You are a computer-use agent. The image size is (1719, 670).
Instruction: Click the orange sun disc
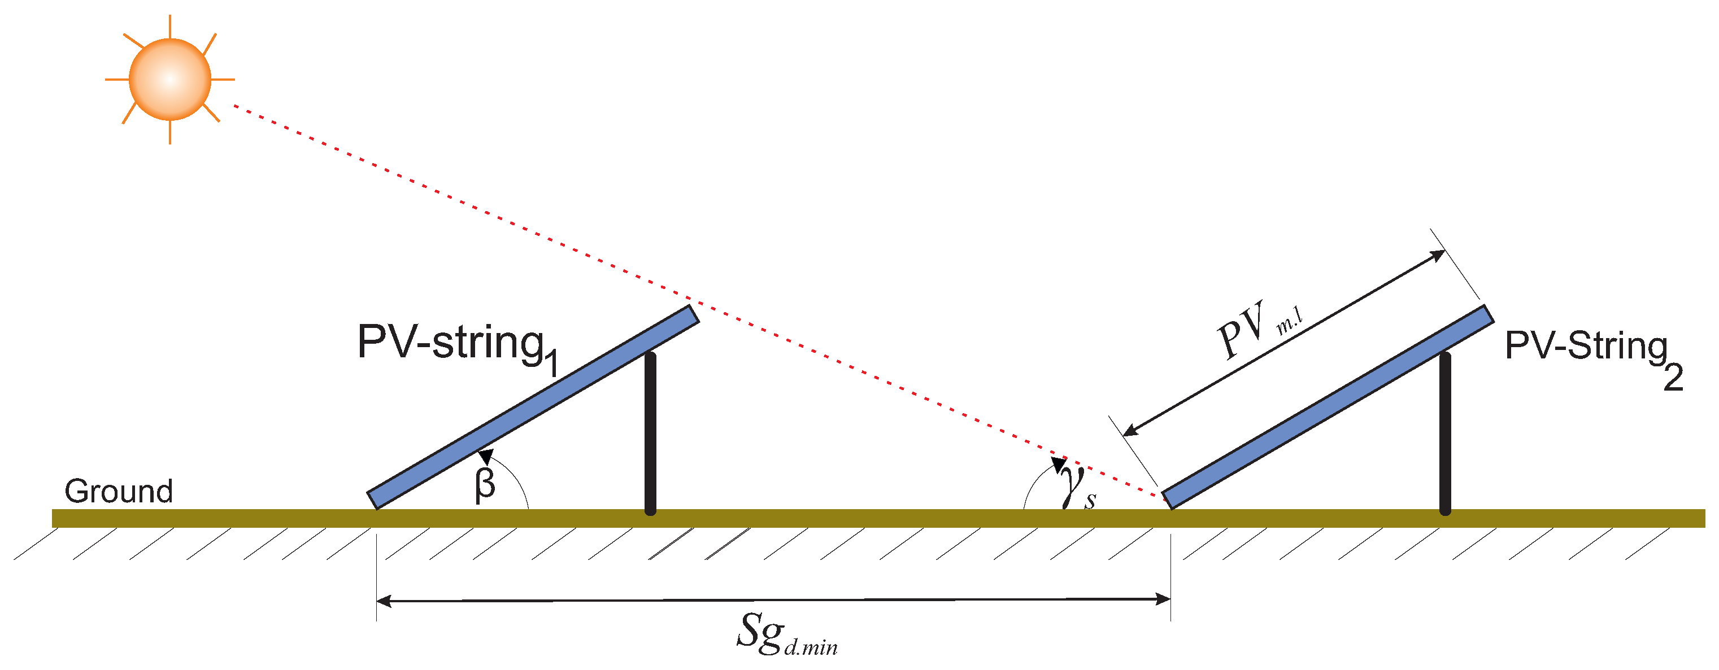169,80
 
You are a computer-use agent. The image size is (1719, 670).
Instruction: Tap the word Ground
119,491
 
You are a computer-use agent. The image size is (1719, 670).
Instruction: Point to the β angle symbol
485,484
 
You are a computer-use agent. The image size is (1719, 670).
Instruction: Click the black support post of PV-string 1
650,433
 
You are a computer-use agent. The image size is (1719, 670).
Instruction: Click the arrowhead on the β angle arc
485,456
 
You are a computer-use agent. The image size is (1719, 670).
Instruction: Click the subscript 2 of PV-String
1673,378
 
